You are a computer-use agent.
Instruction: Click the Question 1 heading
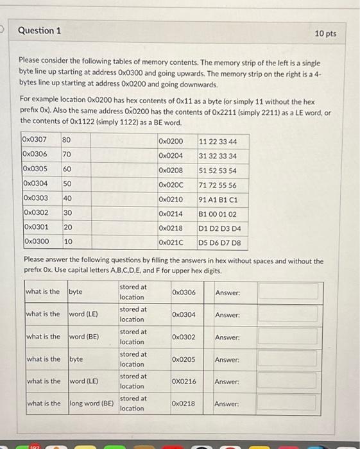coord(40,31)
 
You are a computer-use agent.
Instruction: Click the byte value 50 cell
coord(67,184)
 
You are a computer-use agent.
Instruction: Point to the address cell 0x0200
coord(170,141)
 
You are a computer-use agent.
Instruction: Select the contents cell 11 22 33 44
coord(218,141)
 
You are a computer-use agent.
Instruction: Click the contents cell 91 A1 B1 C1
coord(218,199)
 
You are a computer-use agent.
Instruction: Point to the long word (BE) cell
coord(90,403)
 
